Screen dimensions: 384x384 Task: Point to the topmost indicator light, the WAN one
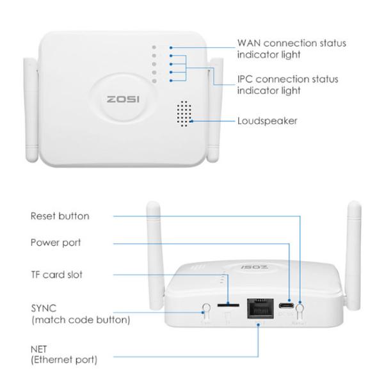tap(154, 47)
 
